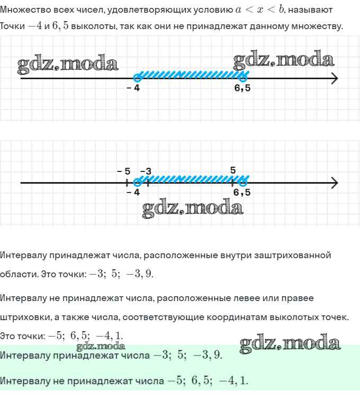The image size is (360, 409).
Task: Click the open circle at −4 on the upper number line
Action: point(137,78)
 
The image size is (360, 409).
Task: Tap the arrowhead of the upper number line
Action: point(334,78)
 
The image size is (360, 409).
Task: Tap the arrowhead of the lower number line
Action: point(334,183)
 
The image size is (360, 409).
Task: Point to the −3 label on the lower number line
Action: point(146,171)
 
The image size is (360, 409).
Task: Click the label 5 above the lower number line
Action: point(233,170)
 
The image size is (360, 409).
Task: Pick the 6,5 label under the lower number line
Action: point(242,193)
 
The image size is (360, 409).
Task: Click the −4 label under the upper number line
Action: point(133,88)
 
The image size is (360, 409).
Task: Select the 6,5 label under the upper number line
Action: point(242,88)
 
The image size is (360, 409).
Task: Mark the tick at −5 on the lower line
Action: point(126,183)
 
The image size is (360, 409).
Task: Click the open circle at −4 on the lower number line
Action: point(137,183)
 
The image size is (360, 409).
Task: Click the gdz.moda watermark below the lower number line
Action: point(193,208)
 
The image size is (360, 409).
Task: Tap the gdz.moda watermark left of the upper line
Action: point(68,64)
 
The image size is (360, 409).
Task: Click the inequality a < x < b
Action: point(260,10)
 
